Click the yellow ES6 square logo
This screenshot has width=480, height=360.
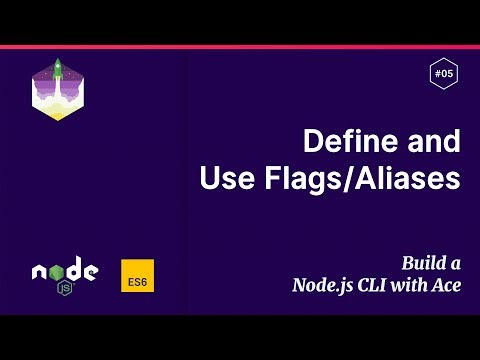[137, 277]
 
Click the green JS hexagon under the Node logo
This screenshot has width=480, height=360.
[65, 288]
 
